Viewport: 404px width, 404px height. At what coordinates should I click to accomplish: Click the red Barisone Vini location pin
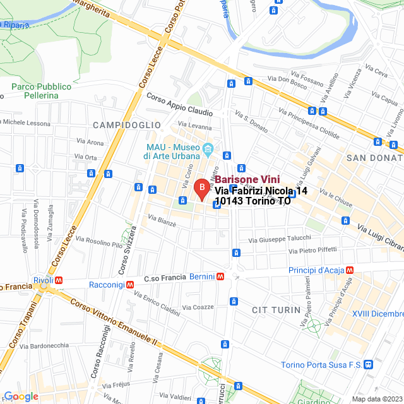(x=201, y=188)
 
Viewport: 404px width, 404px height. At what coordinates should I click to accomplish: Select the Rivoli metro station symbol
(x=58, y=280)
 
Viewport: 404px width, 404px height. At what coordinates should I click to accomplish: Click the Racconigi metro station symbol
(x=129, y=285)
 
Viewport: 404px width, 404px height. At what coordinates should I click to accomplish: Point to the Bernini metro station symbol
(x=221, y=276)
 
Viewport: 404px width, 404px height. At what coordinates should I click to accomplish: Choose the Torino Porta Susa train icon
(x=369, y=365)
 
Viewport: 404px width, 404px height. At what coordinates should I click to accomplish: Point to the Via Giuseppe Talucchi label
(x=280, y=239)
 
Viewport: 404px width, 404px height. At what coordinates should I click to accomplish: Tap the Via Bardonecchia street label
(x=44, y=345)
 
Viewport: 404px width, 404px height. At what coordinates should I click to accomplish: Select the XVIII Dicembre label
(x=378, y=314)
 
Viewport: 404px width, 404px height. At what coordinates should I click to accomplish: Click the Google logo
(x=21, y=396)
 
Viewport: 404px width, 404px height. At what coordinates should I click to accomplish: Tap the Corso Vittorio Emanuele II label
(x=117, y=322)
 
